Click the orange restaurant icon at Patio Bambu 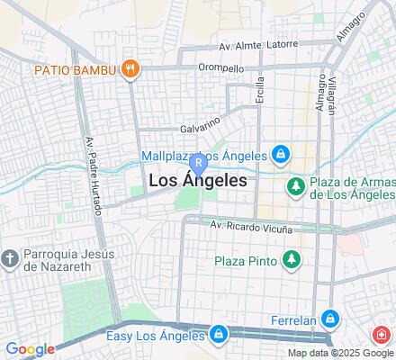tap(131, 68)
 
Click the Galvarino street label tap(201, 129)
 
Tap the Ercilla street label tap(260, 91)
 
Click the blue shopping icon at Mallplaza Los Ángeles tap(281, 155)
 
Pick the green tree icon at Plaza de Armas tap(293, 185)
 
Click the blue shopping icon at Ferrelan tap(330, 319)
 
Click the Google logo tap(30, 349)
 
